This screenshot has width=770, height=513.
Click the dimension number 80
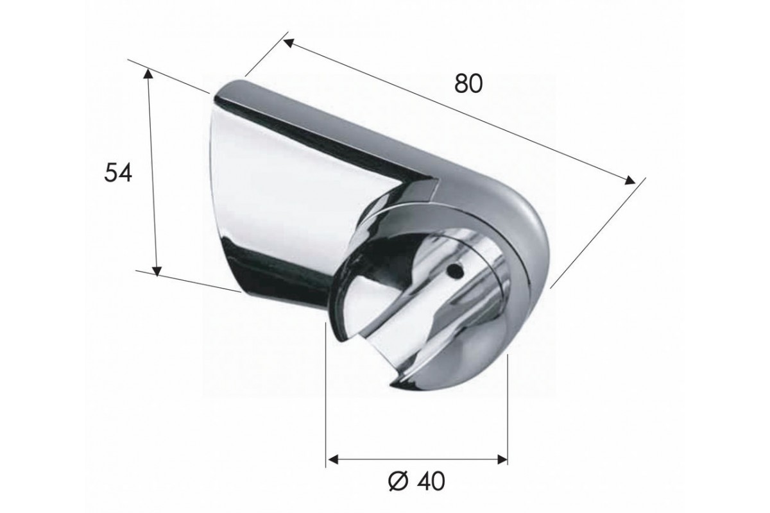[468, 84]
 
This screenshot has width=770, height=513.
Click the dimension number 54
[118, 172]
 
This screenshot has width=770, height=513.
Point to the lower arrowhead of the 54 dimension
[157, 271]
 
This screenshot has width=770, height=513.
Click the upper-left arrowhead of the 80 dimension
[288, 43]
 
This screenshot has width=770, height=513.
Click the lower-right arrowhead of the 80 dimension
[630, 180]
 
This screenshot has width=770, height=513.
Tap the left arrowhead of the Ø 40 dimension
[333, 458]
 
